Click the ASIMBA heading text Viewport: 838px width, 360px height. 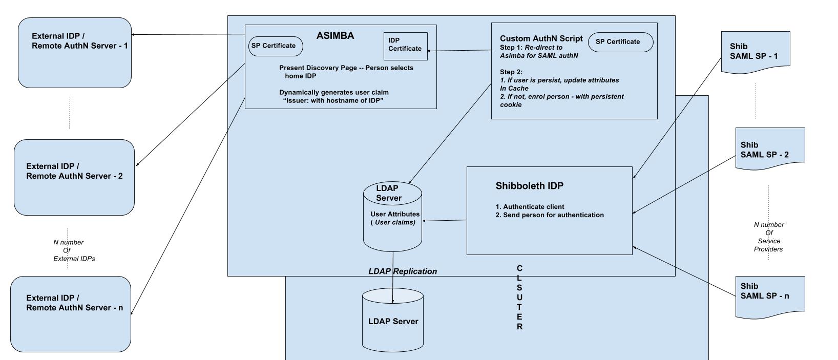(335, 36)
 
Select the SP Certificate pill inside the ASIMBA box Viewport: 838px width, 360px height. (275, 46)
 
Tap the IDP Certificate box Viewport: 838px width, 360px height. (405, 46)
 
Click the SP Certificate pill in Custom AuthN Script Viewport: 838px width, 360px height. (620, 42)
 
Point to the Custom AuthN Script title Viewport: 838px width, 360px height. (541, 38)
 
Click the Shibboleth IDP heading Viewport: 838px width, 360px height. (529, 186)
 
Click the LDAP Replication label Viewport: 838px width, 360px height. (403, 271)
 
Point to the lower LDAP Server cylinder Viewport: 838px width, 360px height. (393, 321)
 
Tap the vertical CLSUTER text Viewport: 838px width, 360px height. (519, 298)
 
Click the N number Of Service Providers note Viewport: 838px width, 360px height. (768, 237)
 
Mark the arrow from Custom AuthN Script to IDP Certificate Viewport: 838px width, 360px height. (459, 51)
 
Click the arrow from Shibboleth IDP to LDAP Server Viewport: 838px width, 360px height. (444, 221)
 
